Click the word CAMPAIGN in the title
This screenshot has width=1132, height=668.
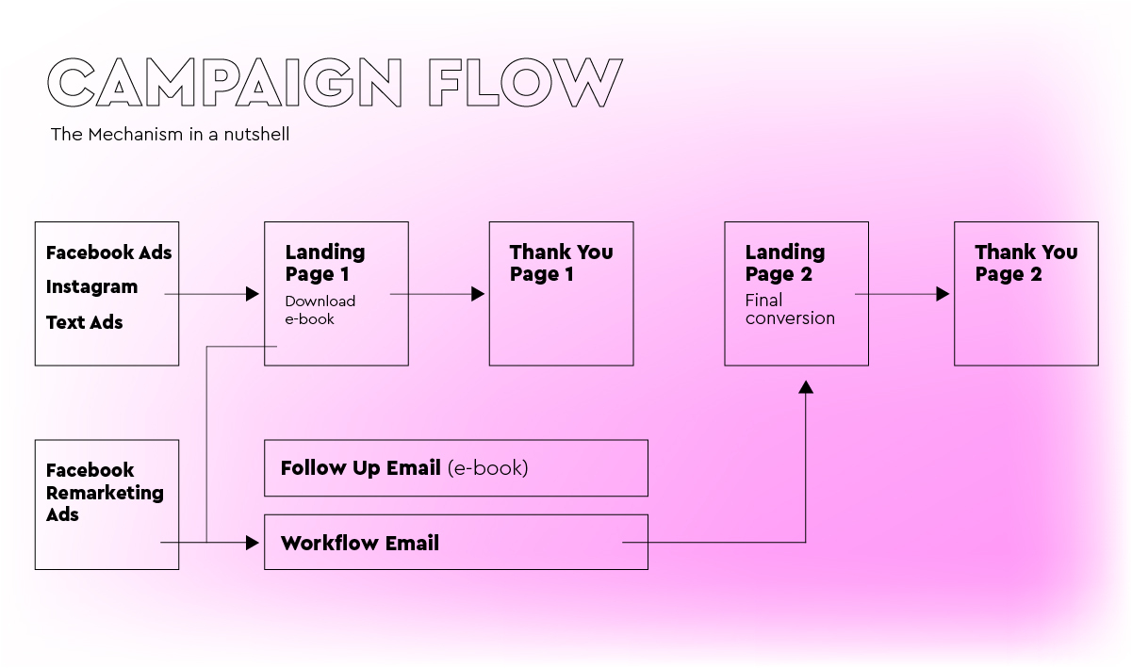[x=224, y=82]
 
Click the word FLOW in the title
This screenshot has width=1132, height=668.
[x=526, y=82]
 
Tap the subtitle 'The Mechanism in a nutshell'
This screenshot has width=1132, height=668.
[x=170, y=135]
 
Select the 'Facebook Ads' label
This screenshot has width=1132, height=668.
[x=108, y=253]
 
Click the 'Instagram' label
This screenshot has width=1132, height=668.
[x=91, y=286]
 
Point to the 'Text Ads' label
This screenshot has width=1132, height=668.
[x=85, y=322]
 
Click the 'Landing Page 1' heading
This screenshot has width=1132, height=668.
[x=325, y=263]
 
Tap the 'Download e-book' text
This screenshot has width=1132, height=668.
[x=320, y=310]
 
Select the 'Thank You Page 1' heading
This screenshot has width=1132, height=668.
[x=561, y=263]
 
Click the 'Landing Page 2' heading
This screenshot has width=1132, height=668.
[x=785, y=263]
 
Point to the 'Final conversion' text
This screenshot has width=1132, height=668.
[x=790, y=309]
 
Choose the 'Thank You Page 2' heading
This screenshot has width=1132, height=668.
[x=1025, y=263]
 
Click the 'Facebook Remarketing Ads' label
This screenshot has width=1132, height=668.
[x=105, y=492]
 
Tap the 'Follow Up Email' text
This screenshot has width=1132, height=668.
[x=360, y=468]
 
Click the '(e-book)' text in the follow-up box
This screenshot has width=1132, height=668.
[x=487, y=468]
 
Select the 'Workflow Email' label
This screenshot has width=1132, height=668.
[x=360, y=544]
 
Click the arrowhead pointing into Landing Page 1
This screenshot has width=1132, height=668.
[x=253, y=294]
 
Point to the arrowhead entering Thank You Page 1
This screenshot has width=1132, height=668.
[x=478, y=294]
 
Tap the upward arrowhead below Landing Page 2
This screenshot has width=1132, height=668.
[x=806, y=387]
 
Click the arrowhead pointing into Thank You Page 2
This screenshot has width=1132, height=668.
[x=943, y=294]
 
